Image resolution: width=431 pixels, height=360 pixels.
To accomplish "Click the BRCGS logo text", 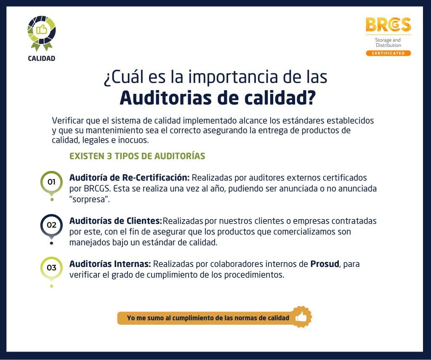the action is click(388, 24).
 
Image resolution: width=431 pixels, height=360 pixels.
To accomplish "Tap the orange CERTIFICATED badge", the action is click(388, 53).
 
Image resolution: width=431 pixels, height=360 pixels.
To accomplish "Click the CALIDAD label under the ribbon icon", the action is click(42, 58).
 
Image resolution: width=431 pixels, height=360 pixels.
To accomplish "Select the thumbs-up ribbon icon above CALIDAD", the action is click(42, 33).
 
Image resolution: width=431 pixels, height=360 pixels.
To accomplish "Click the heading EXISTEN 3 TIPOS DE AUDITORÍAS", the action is click(137, 156).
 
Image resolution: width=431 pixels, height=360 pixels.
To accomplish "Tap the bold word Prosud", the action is click(325, 264).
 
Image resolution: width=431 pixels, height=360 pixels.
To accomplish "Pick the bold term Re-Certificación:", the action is click(156, 178).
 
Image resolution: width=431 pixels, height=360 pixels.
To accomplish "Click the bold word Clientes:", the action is click(144, 221).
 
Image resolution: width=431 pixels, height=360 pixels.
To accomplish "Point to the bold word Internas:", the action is click(133, 264).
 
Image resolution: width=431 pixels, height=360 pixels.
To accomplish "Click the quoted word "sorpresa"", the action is click(89, 200).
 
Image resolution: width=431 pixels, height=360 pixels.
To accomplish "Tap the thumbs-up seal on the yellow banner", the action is click(301, 317).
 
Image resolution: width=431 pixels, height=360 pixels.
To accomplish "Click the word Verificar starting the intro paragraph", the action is click(68, 121).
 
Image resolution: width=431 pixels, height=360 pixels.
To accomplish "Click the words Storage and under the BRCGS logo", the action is click(388, 40).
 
